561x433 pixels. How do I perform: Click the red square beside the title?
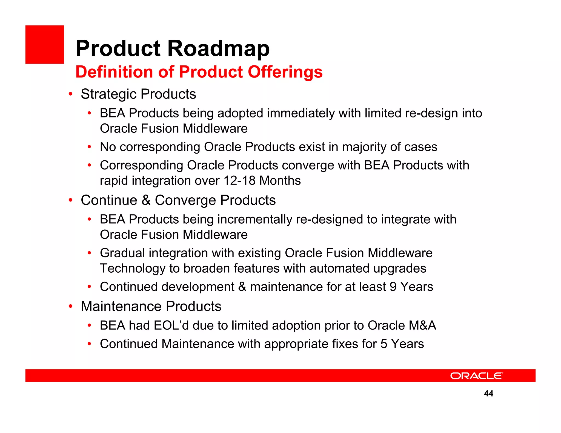pos(45,45)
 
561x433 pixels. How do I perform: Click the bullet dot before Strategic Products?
pos(71,94)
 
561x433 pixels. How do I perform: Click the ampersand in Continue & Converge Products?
pos(146,200)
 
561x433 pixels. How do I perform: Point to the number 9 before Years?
pos(393,287)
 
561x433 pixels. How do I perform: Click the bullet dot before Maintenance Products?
pos(71,306)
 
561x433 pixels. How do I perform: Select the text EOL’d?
pos(171,326)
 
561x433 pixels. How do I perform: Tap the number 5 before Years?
pos(384,344)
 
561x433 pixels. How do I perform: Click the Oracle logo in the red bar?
pos(476,376)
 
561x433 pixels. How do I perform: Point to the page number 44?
pos(488,394)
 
